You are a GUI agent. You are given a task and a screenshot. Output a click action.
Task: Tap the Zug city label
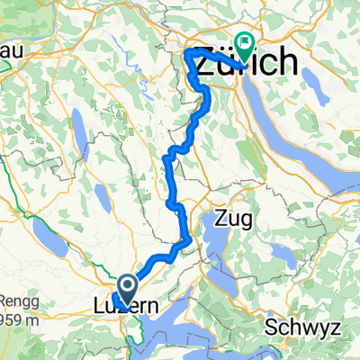(x=231, y=218)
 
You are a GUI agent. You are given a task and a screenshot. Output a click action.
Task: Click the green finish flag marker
(x=244, y=41)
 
